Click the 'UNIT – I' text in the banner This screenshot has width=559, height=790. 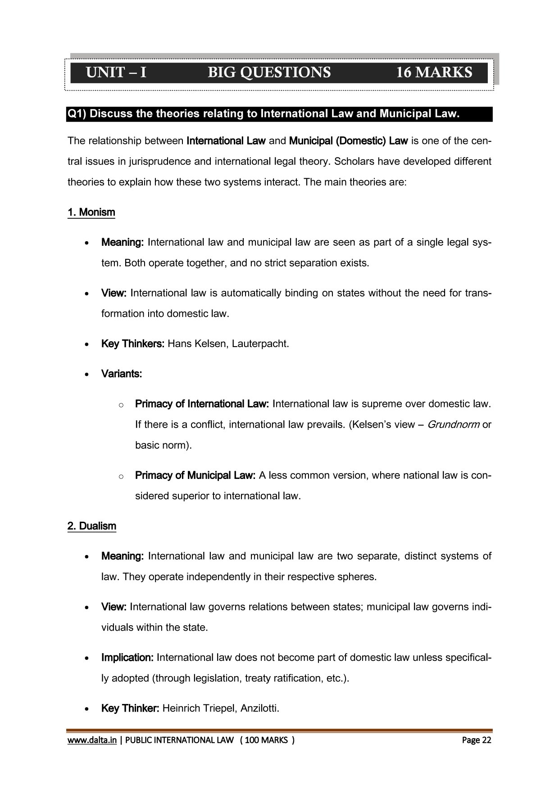click(x=116, y=72)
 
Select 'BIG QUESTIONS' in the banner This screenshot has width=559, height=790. click(x=269, y=72)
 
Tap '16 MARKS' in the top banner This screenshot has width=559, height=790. click(x=434, y=72)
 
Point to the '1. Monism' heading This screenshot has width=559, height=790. click(x=91, y=212)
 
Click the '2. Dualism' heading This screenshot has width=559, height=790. click(x=91, y=526)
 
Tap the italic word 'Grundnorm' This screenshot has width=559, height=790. click(x=453, y=424)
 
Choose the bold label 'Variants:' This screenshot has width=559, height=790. click(x=122, y=374)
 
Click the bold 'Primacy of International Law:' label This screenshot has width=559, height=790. click(x=202, y=404)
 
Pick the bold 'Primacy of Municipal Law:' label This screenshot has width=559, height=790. click(x=195, y=475)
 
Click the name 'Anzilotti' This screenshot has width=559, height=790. click(x=260, y=709)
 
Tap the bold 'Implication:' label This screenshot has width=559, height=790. click(x=127, y=658)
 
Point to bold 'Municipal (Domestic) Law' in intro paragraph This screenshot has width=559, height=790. click(x=348, y=141)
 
